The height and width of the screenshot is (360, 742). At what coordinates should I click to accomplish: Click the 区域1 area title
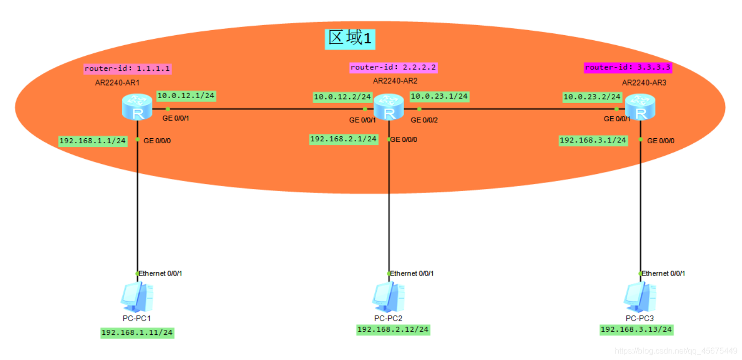(351, 38)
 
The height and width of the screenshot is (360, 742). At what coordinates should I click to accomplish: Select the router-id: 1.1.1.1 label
(128, 68)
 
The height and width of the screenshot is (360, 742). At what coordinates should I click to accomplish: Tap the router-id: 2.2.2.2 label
(393, 67)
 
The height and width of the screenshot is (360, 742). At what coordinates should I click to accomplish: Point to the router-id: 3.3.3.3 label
(628, 67)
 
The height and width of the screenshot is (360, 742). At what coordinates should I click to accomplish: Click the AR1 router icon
(137, 107)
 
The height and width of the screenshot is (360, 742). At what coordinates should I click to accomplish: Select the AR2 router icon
(388, 107)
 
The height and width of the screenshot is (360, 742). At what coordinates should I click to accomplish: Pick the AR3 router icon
(640, 107)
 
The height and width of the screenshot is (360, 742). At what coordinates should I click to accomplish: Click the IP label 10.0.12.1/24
(186, 96)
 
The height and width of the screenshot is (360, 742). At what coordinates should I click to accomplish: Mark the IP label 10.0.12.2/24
(343, 97)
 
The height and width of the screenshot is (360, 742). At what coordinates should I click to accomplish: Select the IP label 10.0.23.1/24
(439, 96)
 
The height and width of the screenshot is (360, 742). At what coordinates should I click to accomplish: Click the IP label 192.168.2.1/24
(344, 139)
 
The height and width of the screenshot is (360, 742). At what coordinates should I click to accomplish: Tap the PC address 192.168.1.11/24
(137, 332)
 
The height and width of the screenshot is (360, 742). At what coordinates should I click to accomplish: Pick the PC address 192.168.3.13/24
(636, 329)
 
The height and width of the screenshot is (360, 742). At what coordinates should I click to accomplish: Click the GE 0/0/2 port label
(424, 120)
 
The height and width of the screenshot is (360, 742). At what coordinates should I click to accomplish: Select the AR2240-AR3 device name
(644, 82)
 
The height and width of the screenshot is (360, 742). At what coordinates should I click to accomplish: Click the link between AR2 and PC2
(388, 211)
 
